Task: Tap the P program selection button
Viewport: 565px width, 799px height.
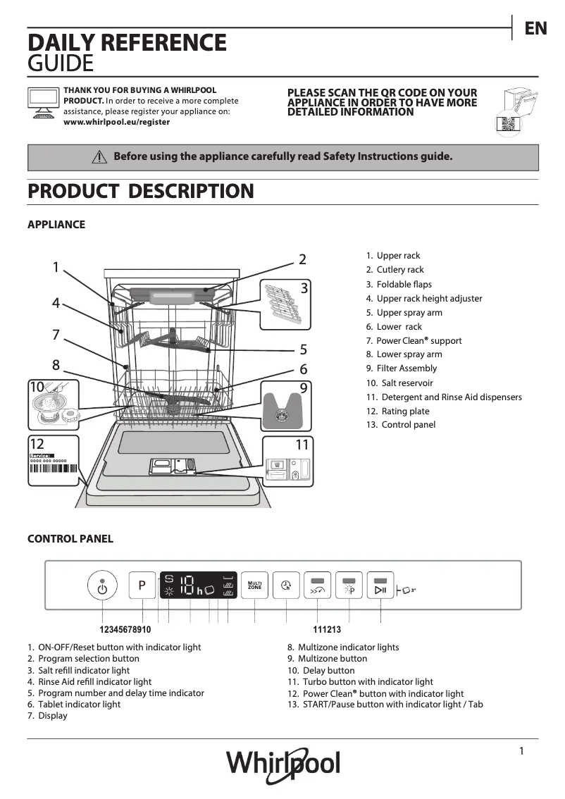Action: point(142,586)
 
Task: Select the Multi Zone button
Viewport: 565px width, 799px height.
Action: point(254,585)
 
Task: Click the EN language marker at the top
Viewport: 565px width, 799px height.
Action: point(535,28)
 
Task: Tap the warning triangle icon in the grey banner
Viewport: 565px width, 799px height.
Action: point(99,157)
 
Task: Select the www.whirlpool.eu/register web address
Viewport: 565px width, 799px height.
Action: point(116,122)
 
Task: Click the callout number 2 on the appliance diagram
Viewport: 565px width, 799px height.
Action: point(302,259)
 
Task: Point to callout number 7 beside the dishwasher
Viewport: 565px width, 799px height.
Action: point(56,335)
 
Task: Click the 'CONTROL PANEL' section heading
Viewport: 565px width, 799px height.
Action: point(70,539)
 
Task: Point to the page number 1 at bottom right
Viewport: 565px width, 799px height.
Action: point(521,751)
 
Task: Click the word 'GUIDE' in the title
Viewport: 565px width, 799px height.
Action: point(60,64)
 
